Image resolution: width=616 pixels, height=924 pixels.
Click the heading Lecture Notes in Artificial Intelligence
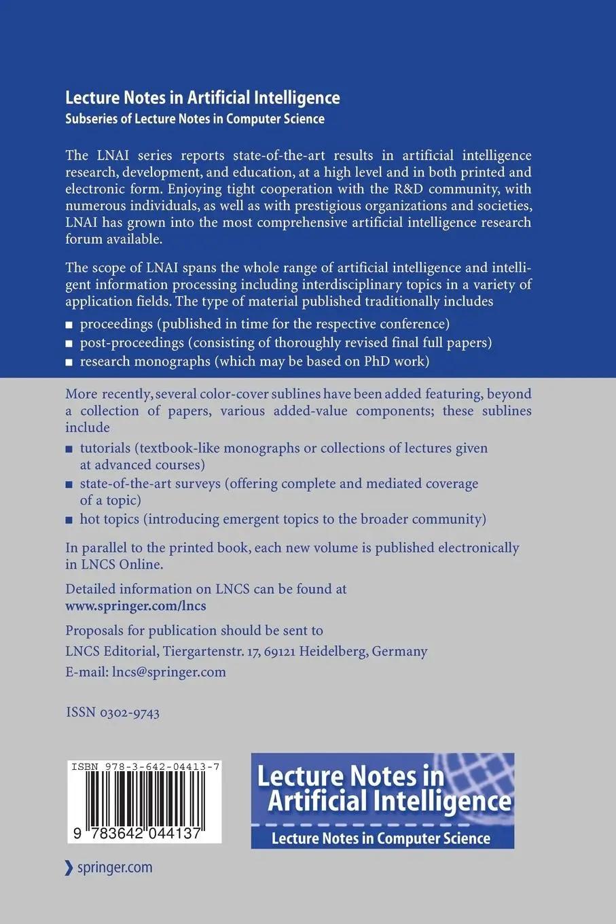pyautogui.click(x=202, y=98)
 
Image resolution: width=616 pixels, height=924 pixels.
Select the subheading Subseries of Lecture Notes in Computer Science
pyautogui.click(x=195, y=119)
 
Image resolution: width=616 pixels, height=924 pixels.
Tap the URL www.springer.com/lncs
pyautogui.click(x=136, y=606)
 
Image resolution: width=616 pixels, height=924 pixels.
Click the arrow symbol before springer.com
pyautogui.click(x=68, y=868)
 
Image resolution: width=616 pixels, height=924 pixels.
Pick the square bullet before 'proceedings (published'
pyautogui.click(x=69, y=325)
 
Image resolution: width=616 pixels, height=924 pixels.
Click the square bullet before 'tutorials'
pyautogui.click(x=69, y=449)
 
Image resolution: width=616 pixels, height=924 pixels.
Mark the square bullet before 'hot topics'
pyautogui.click(x=69, y=520)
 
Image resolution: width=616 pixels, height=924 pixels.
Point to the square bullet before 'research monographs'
pyautogui.click(x=69, y=362)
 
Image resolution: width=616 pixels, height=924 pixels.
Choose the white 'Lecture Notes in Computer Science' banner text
pyautogui.click(x=381, y=838)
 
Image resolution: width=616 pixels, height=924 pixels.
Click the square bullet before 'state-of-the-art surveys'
pyautogui.click(x=69, y=485)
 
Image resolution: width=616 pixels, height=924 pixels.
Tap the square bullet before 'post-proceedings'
pyautogui.click(x=69, y=344)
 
